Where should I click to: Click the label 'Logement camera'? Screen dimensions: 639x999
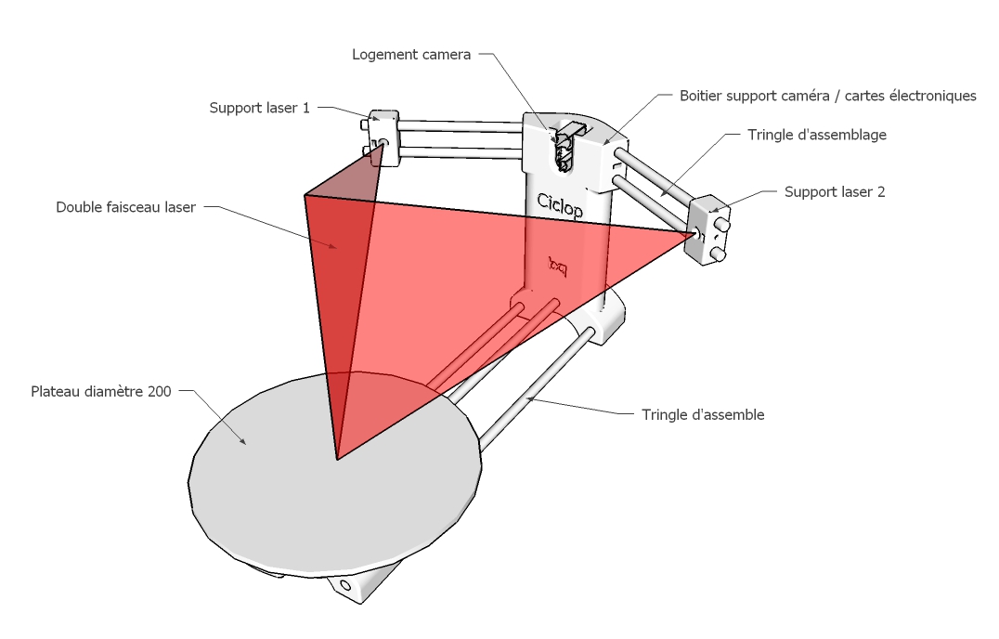[x=411, y=55]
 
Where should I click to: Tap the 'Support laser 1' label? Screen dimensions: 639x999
[x=260, y=108]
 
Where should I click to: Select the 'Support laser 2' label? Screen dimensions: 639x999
[x=835, y=192]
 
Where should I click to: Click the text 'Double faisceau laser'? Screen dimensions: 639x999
[x=125, y=207]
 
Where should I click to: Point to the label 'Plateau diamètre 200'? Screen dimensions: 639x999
[x=100, y=392]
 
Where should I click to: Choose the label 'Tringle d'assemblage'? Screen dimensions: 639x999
[x=817, y=135]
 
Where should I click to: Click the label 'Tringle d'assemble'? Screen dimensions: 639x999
[x=703, y=415]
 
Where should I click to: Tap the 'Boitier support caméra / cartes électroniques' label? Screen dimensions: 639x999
[x=828, y=96]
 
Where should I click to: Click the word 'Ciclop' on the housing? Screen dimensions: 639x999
[x=561, y=204]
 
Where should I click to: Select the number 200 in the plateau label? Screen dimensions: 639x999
[x=158, y=392]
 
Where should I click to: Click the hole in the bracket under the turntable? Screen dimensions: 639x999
[x=345, y=586]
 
